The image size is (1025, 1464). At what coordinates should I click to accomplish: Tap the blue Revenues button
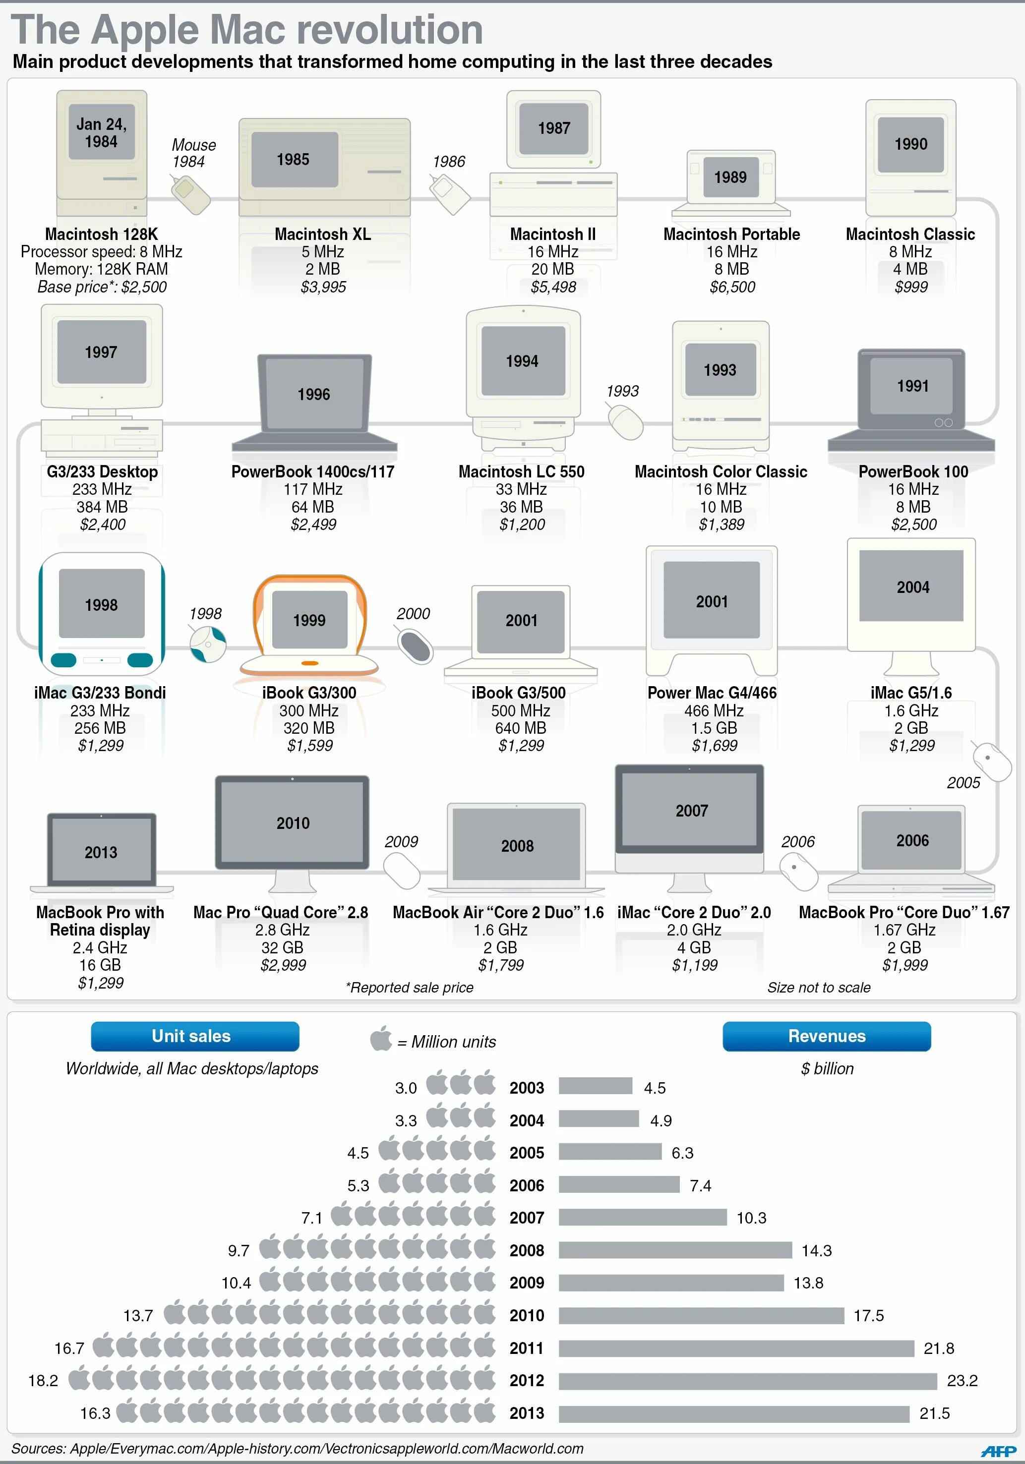[x=826, y=1036]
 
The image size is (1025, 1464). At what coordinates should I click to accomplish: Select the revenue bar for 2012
[x=747, y=1381]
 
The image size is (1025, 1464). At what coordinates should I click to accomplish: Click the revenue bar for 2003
[x=595, y=1086]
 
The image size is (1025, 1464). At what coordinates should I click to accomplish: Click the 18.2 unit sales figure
[x=43, y=1381]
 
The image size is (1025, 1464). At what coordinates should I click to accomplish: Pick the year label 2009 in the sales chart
[x=526, y=1283]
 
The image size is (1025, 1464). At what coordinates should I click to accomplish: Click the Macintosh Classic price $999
[x=911, y=287]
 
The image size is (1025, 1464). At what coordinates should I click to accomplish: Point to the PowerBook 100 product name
[x=913, y=472]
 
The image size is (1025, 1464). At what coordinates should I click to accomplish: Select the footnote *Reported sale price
[x=410, y=988]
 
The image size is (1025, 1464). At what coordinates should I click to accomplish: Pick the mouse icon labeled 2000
[x=415, y=646]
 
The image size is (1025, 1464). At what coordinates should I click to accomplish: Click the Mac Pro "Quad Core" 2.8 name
[x=281, y=912]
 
